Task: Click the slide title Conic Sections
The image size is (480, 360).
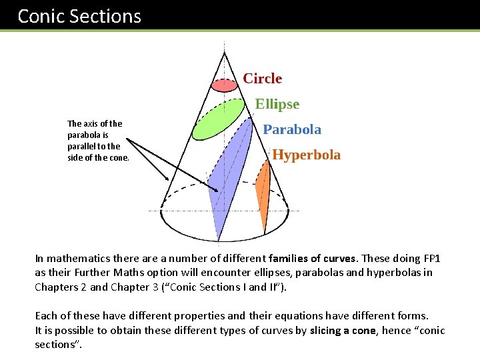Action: (x=79, y=16)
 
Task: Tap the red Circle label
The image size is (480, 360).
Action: (x=262, y=79)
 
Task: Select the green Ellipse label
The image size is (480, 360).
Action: (x=277, y=104)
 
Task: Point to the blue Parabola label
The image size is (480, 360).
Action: (x=291, y=129)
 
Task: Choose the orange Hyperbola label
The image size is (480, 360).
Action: (x=306, y=155)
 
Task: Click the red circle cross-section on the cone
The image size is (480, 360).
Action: (x=224, y=85)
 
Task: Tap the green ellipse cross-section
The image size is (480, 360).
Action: (x=218, y=119)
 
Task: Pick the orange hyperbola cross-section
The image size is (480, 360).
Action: (x=263, y=193)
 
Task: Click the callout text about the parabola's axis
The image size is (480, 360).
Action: (x=95, y=141)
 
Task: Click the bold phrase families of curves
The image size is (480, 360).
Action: (x=313, y=258)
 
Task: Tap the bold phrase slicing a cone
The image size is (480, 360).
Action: (x=345, y=331)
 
